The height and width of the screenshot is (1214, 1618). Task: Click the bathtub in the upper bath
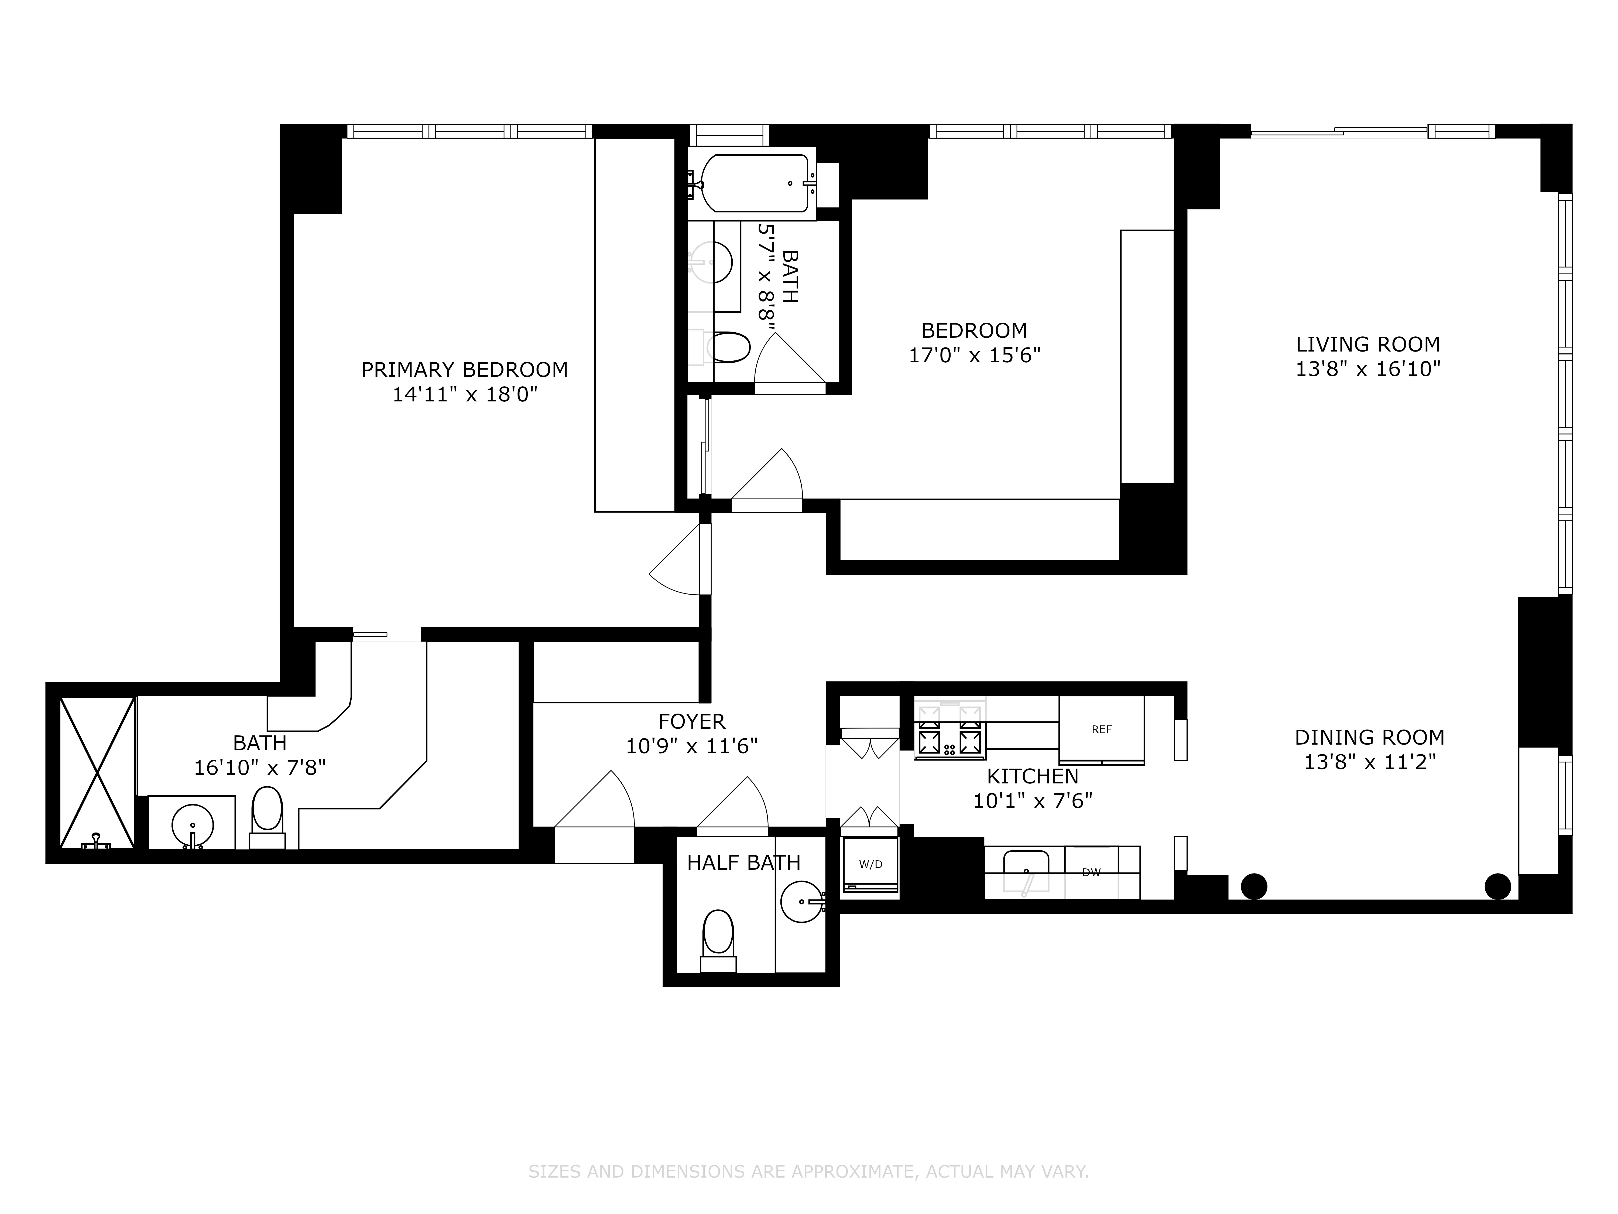coord(752,183)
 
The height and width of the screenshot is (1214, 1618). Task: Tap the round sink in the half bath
coord(801,902)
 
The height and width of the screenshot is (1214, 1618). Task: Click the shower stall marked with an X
coord(97,772)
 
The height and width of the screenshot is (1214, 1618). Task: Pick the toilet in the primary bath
coord(267,814)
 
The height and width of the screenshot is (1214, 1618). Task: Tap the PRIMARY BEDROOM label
coord(464,370)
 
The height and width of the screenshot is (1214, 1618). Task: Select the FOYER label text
coord(691,722)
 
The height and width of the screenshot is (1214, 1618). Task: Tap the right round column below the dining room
coord(1497,886)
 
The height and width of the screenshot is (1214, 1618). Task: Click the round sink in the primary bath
coord(192,826)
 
